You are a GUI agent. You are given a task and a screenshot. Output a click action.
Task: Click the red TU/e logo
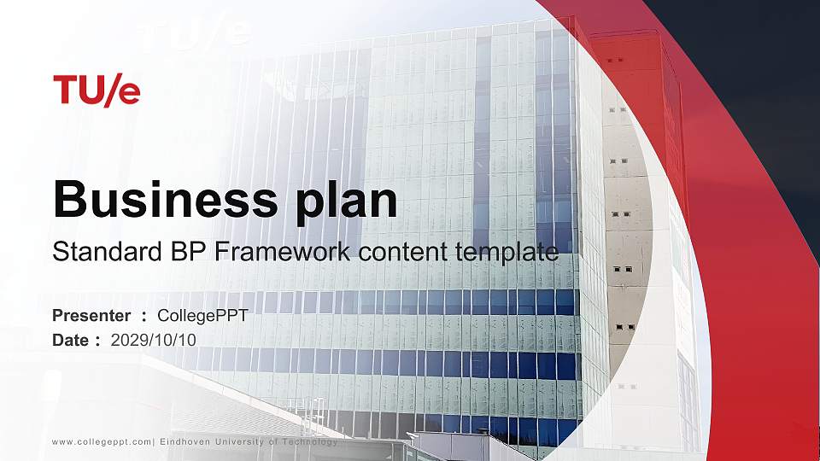click(97, 90)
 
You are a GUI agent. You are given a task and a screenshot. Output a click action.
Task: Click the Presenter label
click(91, 316)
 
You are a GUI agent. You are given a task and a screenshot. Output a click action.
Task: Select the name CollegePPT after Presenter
click(203, 316)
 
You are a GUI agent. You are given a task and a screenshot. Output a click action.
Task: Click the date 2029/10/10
click(154, 340)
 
